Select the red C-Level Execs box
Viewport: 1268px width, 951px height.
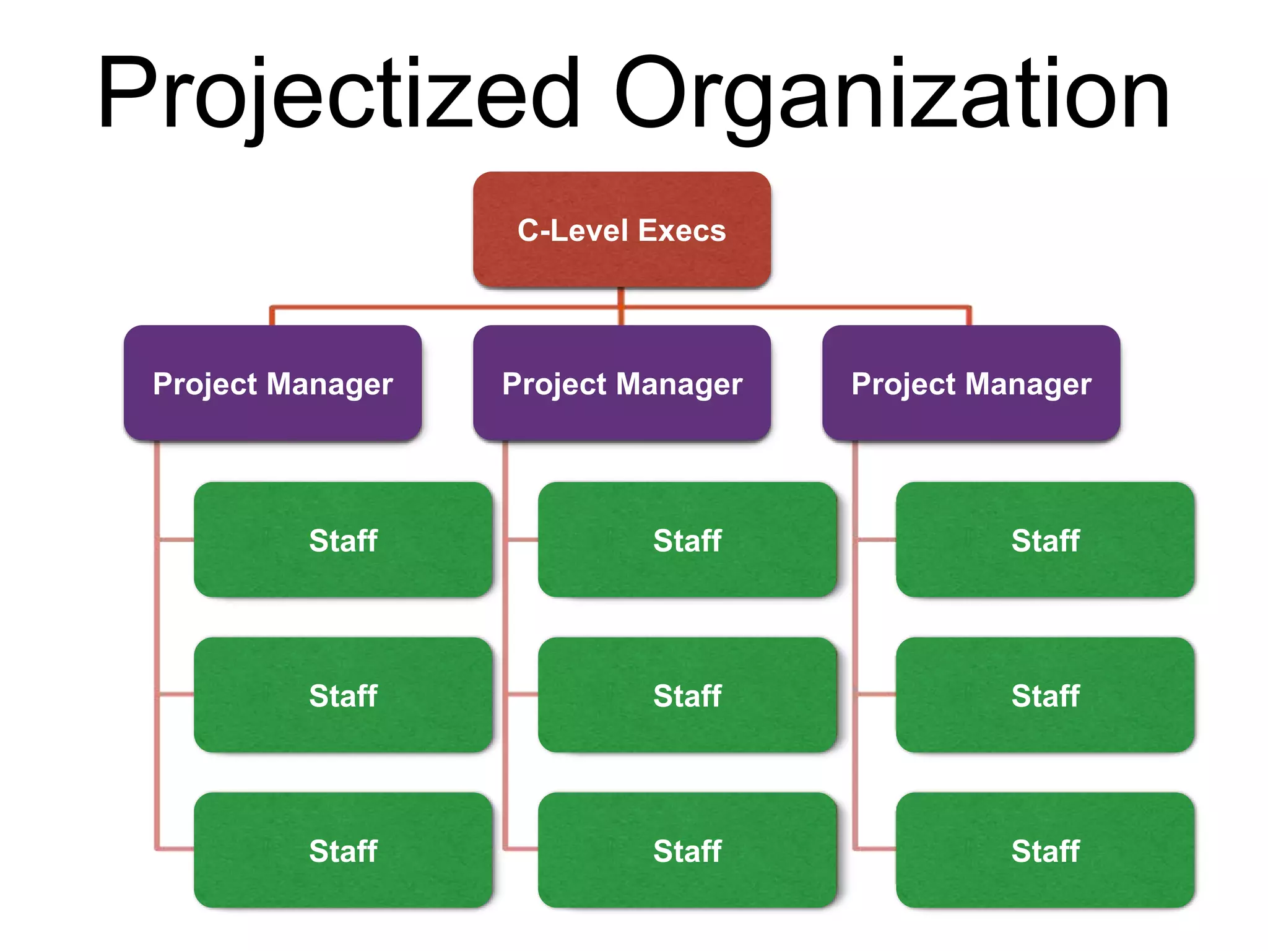[x=622, y=230]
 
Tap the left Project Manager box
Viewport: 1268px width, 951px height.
[x=272, y=383]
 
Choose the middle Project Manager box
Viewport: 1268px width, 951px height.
[x=622, y=383]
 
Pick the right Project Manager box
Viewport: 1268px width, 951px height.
[x=971, y=383]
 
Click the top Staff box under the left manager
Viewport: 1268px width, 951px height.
[x=343, y=540]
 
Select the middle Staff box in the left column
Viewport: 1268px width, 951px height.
[x=343, y=695]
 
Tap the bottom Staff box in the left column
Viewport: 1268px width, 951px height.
[x=343, y=851]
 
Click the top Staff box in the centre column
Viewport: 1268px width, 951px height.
[x=687, y=540]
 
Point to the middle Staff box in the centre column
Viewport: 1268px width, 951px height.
[x=687, y=695]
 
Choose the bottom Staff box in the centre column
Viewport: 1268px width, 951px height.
[x=687, y=851]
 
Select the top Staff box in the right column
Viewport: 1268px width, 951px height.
[x=1045, y=540]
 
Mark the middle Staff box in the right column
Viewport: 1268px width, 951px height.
[x=1045, y=695]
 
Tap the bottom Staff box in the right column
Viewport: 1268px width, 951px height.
[x=1045, y=851]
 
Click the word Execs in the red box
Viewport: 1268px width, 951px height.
[x=682, y=230]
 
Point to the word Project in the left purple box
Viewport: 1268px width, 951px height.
[x=205, y=384]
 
